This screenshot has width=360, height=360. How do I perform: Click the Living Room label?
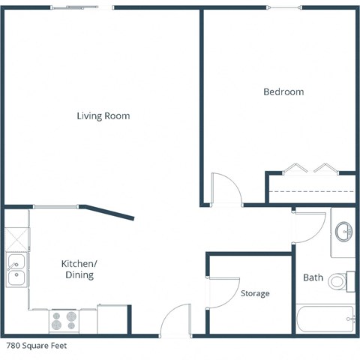click(x=103, y=115)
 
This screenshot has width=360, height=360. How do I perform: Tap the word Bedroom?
click(x=283, y=91)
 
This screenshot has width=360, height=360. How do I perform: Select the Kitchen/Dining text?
click(x=78, y=269)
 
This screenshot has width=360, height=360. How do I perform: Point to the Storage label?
click(x=254, y=293)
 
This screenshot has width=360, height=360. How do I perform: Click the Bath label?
click(x=313, y=277)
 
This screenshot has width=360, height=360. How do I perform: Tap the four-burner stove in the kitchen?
click(x=64, y=320)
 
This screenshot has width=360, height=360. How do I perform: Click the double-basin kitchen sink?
click(x=15, y=270)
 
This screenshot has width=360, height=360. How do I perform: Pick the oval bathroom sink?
click(x=344, y=230)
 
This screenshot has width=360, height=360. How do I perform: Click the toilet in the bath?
click(x=340, y=281)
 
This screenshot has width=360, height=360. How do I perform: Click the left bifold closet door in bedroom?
click(x=294, y=167)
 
